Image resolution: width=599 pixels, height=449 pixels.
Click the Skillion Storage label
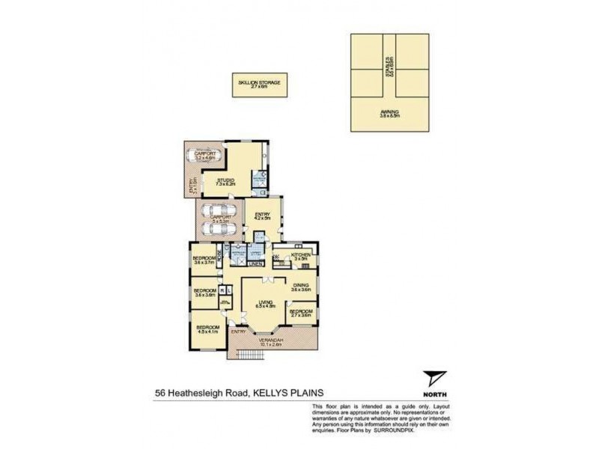(x=259, y=84)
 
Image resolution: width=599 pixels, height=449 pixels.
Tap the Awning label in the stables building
(x=389, y=114)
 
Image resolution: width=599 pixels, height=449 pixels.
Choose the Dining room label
(x=301, y=287)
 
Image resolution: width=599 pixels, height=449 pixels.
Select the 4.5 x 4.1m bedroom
(x=207, y=329)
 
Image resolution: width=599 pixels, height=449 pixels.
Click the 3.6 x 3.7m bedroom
(x=204, y=260)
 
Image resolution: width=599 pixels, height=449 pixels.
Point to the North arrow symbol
(x=432, y=379)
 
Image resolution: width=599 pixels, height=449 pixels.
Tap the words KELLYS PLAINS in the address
(x=297, y=391)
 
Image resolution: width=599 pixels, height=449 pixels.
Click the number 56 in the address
(x=160, y=391)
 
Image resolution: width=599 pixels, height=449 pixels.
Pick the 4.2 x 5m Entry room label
(x=262, y=217)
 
